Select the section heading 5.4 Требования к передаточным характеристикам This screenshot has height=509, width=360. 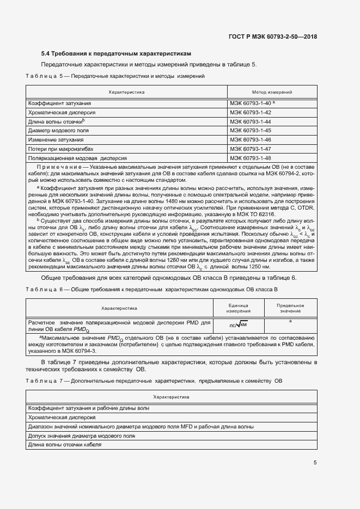pos(117,54)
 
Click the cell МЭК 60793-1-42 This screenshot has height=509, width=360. pos(251,112)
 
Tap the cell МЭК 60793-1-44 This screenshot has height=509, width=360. pos(251,121)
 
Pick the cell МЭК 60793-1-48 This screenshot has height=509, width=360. pos(251,158)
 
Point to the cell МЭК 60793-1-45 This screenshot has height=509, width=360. pos(251,131)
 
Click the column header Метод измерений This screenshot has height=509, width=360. pos(272,93)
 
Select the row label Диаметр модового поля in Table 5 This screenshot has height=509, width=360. pos(58,131)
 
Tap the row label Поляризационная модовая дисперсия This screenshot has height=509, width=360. pos(77,158)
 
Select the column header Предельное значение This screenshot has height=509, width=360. pos(290,308)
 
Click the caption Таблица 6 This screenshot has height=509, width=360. pos(44,289)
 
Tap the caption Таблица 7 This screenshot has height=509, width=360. pos(44,379)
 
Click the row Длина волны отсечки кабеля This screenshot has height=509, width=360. pos(64,445)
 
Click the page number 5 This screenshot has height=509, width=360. pos(315,463)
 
